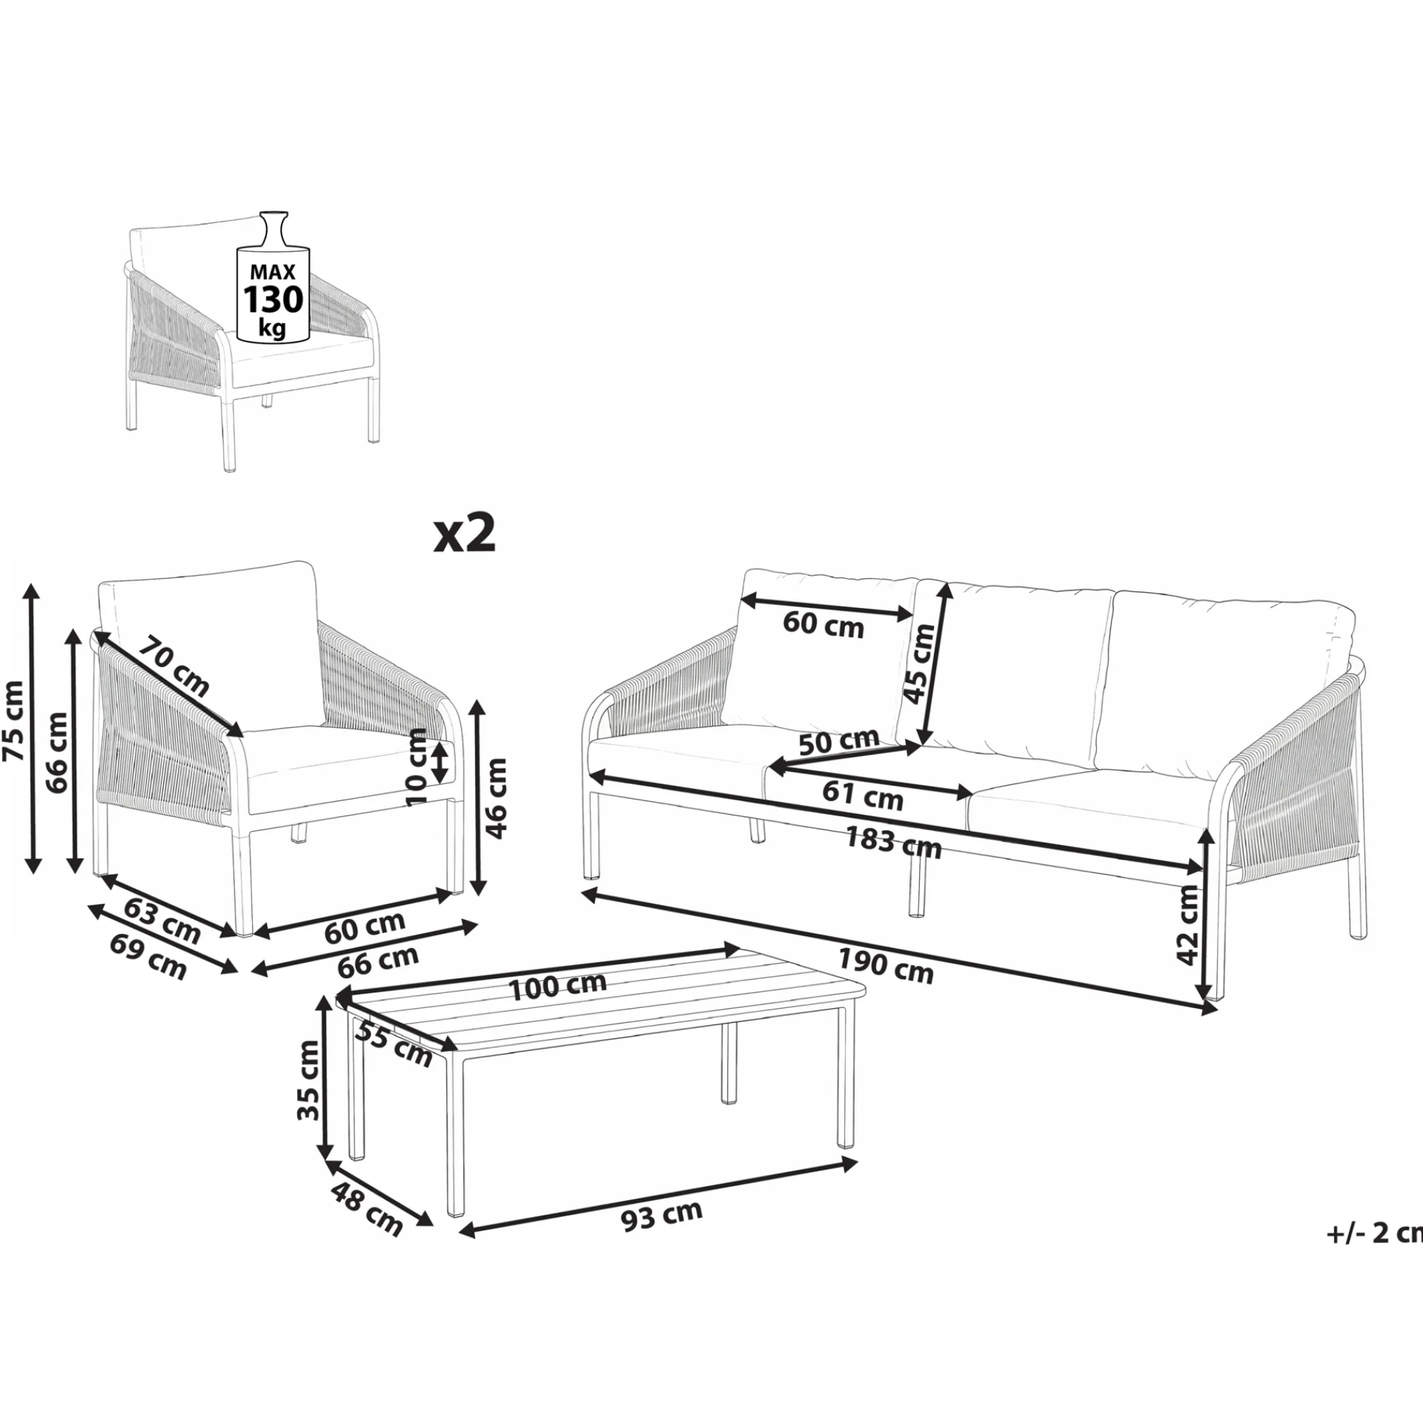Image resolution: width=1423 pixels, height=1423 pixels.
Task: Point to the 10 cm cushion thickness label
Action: point(418,766)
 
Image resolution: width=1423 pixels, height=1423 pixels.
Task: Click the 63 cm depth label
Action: point(162,921)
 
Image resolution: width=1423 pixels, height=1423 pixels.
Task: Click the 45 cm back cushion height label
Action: point(921,663)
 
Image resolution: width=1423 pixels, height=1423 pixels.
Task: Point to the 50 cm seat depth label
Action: point(839,741)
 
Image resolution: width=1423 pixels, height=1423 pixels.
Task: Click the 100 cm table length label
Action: point(558,986)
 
